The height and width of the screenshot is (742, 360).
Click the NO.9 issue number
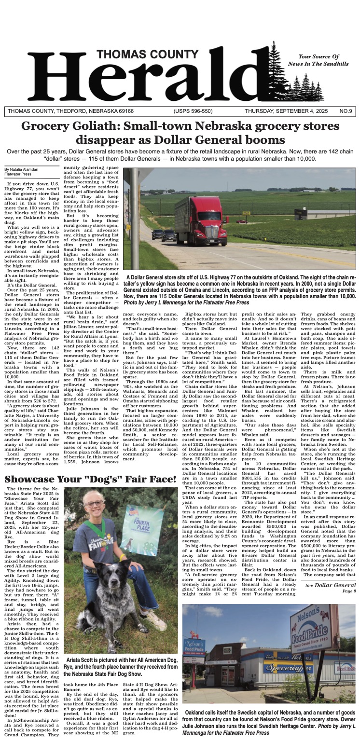pos(346,111)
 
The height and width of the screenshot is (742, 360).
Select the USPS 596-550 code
pos(193,111)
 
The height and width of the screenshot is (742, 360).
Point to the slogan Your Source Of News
pos(323,60)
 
